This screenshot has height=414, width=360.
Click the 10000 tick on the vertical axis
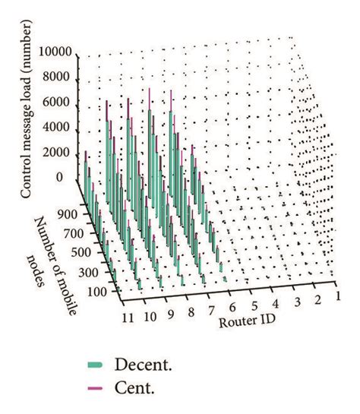click(55, 52)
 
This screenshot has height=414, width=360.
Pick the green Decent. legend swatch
click(95, 365)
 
